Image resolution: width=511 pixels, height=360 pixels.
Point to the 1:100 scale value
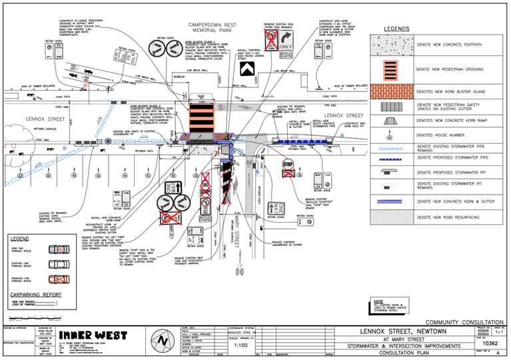tap(242, 345)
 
